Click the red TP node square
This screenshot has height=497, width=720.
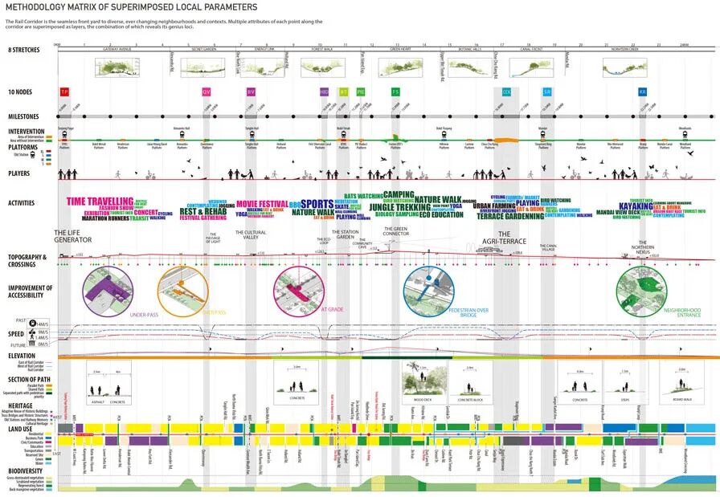click(x=65, y=92)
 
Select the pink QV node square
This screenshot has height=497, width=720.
click(x=207, y=92)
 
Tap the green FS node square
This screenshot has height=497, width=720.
click(x=395, y=92)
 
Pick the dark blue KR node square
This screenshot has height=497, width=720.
click(x=642, y=92)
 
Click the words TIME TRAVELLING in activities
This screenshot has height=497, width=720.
click(x=100, y=202)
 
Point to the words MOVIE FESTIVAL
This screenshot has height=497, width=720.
click(x=262, y=204)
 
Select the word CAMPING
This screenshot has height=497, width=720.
click(x=398, y=194)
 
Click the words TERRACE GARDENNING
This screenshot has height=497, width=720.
click(x=512, y=216)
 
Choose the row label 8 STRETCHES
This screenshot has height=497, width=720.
click(x=24, y=51)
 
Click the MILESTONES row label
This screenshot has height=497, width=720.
click(x=23, y=116)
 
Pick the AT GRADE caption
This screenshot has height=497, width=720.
click(x=333, y=308)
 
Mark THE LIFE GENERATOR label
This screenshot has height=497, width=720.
click(x=73, y=237)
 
